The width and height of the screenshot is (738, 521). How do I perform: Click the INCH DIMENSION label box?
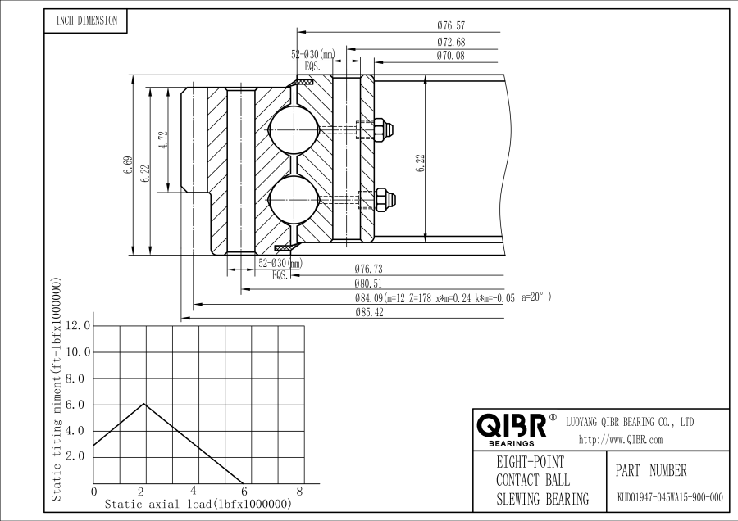pos(86,21)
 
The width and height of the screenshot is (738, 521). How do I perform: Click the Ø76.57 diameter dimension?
pos(452,26)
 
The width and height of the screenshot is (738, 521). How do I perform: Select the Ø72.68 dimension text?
pos(452,42)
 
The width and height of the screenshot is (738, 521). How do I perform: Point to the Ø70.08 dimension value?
pos(452,56)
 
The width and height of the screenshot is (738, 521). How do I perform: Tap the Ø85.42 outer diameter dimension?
pos(370,312)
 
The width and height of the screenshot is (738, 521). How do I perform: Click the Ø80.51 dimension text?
pos(370,283)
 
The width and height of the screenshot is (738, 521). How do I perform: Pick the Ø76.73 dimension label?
pos(370,269)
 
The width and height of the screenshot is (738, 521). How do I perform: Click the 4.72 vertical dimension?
pos(164,140)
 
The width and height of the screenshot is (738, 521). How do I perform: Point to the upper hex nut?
pos(381,129)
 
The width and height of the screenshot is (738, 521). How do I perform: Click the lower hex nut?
pos(382,198)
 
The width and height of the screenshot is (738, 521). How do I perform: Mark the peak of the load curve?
pos(144,404)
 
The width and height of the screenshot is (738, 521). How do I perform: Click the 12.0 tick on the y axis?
pos(79,326)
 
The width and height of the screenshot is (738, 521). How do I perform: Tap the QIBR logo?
pos(512,426)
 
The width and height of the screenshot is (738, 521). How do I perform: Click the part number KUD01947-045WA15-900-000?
pos(670,497)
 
